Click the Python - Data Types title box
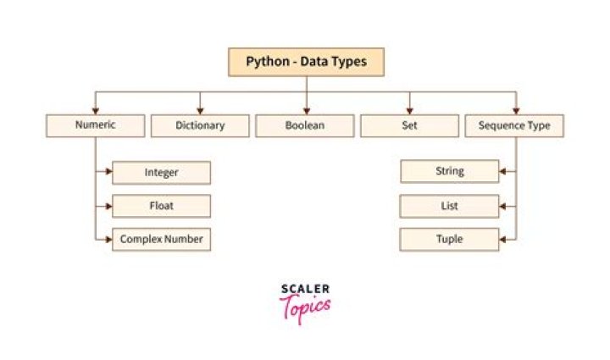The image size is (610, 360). pos(306,62)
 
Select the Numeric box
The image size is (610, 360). pos(95,125)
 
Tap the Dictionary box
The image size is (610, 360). pos(200,125)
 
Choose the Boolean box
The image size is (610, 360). pos(305,125)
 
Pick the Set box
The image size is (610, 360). pos(410,125)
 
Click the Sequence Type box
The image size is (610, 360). pos(514,125)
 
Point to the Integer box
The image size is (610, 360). pos(161,172)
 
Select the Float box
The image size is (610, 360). pos(161,206)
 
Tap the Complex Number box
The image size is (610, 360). pos(161,240)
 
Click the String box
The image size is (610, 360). pos(449,171)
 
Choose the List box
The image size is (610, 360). pos(449,205)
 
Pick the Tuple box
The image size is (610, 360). pos(449,239)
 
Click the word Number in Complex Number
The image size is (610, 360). pos(183,240)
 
